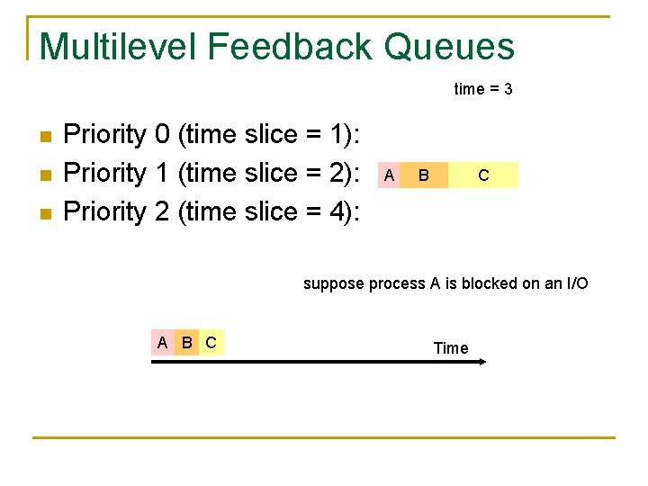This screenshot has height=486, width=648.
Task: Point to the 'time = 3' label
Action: click(x=483, y=89)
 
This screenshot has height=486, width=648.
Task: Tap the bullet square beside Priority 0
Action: click(x=47, y=137)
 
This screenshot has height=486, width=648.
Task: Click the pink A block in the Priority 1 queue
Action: click(x=388, y=175)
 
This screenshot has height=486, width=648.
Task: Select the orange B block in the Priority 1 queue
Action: click(x=423, y=175)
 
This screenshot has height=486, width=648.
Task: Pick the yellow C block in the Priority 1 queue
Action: click(x=483, y=175)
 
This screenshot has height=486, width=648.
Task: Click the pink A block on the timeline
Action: click(x=162, y=342)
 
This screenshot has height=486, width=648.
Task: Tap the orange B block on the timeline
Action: click(x=186, y=342)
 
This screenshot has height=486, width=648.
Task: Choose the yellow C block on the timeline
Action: click(x=211, y=342)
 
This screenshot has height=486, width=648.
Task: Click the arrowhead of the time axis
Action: click(x=481, y=362)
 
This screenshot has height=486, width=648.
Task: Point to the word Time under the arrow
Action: click(x=451, y=348)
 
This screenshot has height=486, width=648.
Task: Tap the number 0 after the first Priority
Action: click(x=162, y=135)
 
